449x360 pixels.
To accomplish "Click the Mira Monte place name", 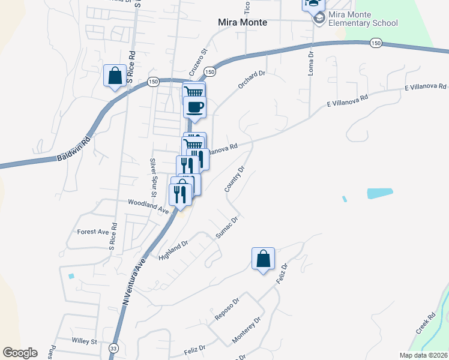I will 242,22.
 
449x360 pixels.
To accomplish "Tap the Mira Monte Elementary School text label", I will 363,19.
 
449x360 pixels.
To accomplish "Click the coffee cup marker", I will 194,108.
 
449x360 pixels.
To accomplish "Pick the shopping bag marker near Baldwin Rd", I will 115,76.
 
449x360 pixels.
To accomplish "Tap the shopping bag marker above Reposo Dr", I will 263,259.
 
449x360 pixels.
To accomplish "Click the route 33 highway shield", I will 113,347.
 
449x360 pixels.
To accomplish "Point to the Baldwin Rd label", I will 73,149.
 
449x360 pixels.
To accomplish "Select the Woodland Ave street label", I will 148,207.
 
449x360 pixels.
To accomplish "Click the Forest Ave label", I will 92,232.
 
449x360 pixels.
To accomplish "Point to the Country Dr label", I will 235,180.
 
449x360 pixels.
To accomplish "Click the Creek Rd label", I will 425,323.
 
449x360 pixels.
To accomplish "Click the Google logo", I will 20,353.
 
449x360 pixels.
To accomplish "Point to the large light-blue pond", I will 379,193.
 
